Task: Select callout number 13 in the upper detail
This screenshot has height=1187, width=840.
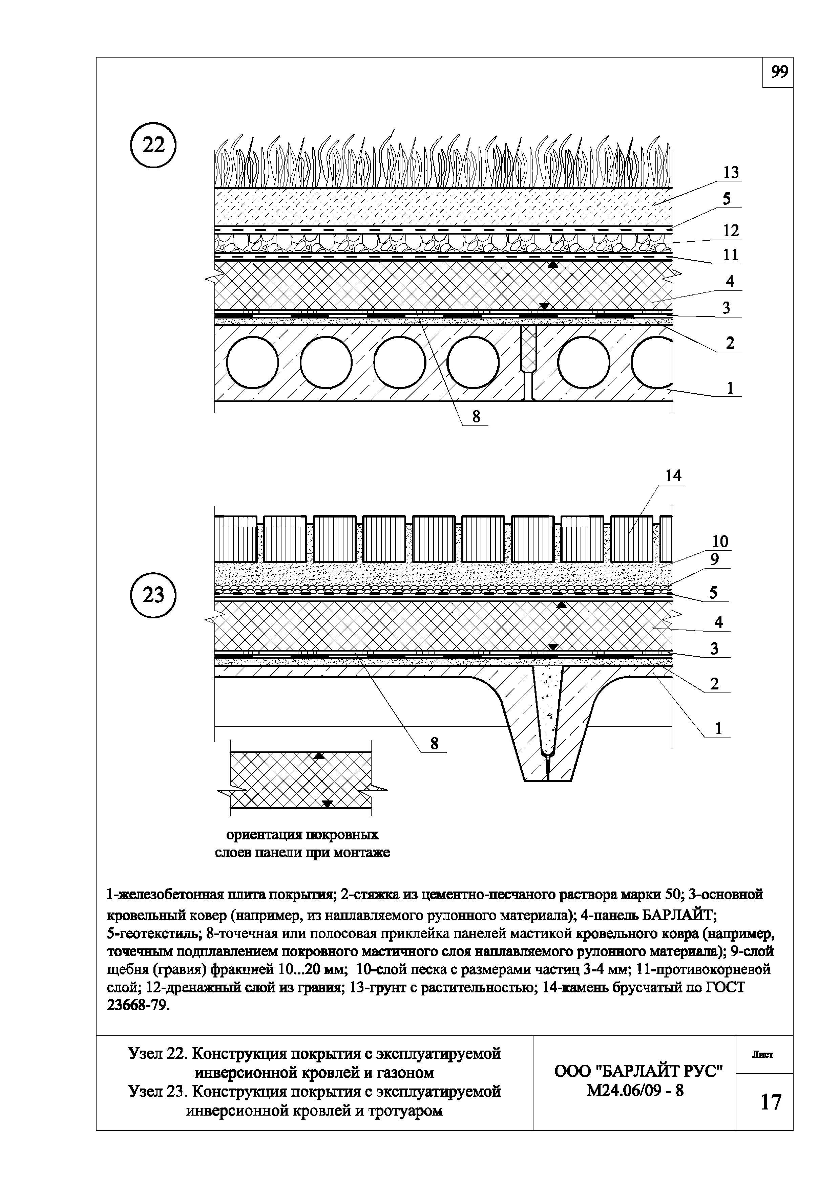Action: click(730, 172)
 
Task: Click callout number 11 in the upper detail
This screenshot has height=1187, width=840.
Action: click(730, 255)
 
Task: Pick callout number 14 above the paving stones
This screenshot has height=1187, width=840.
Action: click(673, 476)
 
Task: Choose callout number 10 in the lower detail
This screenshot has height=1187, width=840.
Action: click(720, 542)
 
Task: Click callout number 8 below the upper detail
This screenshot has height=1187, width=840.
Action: click(476, 416)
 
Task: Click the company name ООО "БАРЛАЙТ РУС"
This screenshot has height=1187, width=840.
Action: click(638, 1071)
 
